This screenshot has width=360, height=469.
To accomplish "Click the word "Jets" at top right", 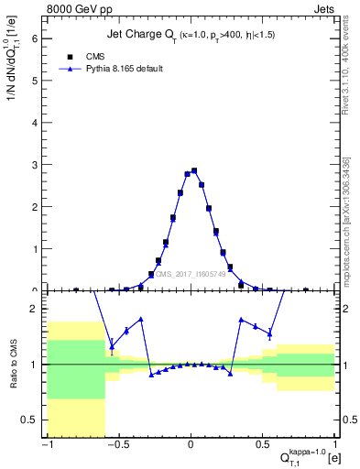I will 322,8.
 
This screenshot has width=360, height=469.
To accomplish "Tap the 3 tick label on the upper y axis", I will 37,165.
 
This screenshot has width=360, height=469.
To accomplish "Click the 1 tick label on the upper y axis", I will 37,249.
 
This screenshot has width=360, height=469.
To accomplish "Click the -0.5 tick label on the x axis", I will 116,445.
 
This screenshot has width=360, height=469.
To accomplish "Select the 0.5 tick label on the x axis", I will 264,445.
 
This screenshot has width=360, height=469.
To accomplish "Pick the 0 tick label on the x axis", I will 191,445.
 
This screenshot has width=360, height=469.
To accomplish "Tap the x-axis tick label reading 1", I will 335,445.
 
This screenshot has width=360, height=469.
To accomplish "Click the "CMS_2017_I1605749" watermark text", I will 191,274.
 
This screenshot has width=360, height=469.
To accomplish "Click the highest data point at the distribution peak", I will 193,170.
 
